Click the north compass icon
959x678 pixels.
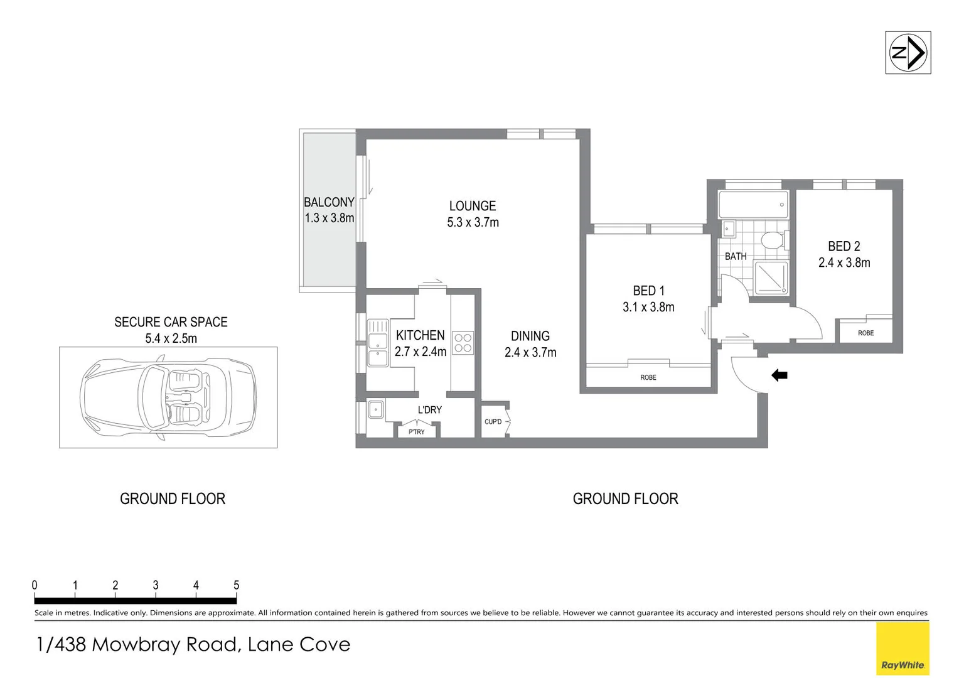(x=908, y=53)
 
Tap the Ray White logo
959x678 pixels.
(x=902, y=649)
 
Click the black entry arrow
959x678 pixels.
(x=779, y=375)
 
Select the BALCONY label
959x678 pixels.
(x=329, y=202)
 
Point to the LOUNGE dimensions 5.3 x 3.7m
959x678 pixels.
(x=473, y=222)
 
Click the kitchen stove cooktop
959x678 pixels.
(x=463, y=343)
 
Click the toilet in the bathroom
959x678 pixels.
(x=772, y=240)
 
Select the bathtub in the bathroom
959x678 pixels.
(x=753, y=204)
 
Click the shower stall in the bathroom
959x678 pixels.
(x=771, y=277)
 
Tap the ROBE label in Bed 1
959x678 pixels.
(x=648, y=377)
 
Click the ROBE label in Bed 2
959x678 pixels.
(x=865, y=333)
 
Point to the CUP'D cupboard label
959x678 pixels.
(x=493, y=421)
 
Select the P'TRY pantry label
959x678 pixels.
(x=417, y=432)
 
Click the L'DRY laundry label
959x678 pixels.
(x=430, y=410)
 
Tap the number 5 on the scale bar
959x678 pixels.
(x=236, y=585)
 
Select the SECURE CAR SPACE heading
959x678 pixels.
(x=171, y=322)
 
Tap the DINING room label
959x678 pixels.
(x=530, y=336)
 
